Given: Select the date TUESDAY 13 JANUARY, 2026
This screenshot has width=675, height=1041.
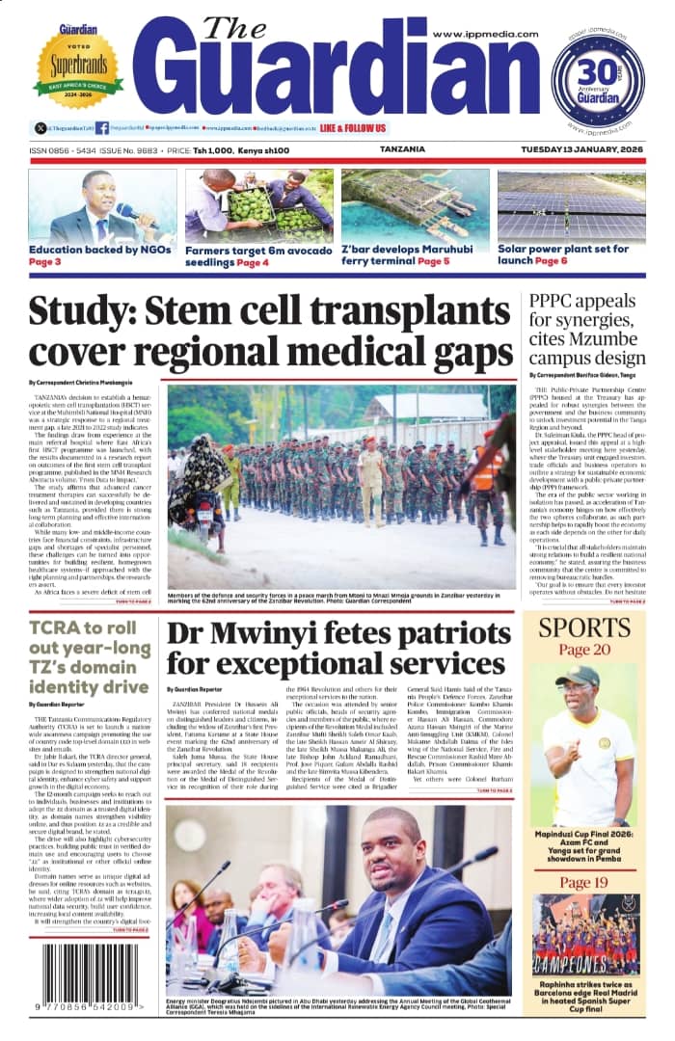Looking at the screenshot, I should [x=579, y=150].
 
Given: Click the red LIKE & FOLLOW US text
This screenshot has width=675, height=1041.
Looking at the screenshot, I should [x=353, y=128].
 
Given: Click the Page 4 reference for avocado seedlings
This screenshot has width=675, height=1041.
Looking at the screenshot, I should [x=253, y=262].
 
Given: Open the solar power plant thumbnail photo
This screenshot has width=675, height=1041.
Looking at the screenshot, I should [x=572, y=204].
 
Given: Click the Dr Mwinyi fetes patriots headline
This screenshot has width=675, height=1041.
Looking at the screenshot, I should [x=337, y=649].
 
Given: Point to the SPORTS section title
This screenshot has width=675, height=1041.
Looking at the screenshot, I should [x=584, y=627].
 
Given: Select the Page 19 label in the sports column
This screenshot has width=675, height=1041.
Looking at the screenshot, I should [x=584, y=883].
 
